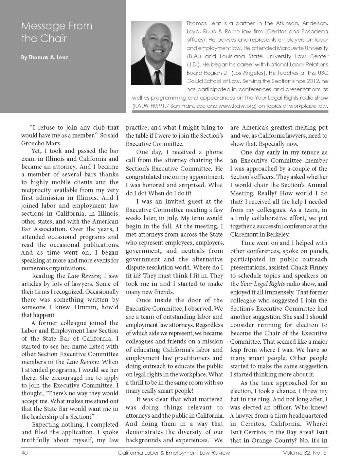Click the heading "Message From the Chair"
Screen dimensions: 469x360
[x=57, y=32]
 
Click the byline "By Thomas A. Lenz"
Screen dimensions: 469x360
[x=44, y=58]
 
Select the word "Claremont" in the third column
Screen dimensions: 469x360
[x=247, y=235]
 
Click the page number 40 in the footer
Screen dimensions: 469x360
[x=24, y=453]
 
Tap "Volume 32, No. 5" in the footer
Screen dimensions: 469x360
[x=305, y=453]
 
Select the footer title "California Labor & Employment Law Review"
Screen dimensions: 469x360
[x=174, y=453]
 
